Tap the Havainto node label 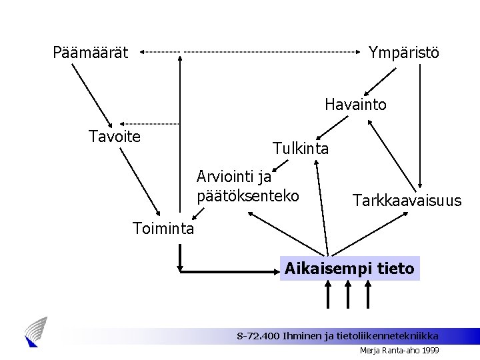coord(355,105)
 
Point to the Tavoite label coord(115,137)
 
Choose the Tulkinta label coord(300,149)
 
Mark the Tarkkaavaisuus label coord(407,200)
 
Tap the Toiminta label coord(163,229)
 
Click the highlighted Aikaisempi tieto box coord(349,269)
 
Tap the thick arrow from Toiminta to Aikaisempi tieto coord(227,271)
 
